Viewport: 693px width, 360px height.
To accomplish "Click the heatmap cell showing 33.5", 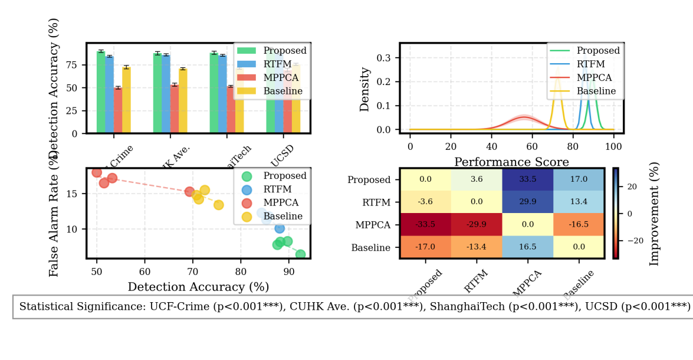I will coord(527,180).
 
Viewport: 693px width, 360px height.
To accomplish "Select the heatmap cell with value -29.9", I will coord(476,225).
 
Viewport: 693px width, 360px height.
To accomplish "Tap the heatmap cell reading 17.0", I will coord(578,180).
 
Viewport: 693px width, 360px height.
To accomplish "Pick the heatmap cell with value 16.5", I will coord(527,247).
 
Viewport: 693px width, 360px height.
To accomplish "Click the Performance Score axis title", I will coord(511,162).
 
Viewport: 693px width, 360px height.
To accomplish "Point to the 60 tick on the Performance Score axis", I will coord(532,145).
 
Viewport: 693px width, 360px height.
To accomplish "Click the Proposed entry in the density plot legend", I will coord(598,51).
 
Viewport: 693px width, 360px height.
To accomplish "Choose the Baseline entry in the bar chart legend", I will coord(283,91).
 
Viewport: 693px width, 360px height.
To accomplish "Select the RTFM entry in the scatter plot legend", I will coord(278,189).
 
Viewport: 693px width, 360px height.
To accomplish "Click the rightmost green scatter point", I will coord(300,254).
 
